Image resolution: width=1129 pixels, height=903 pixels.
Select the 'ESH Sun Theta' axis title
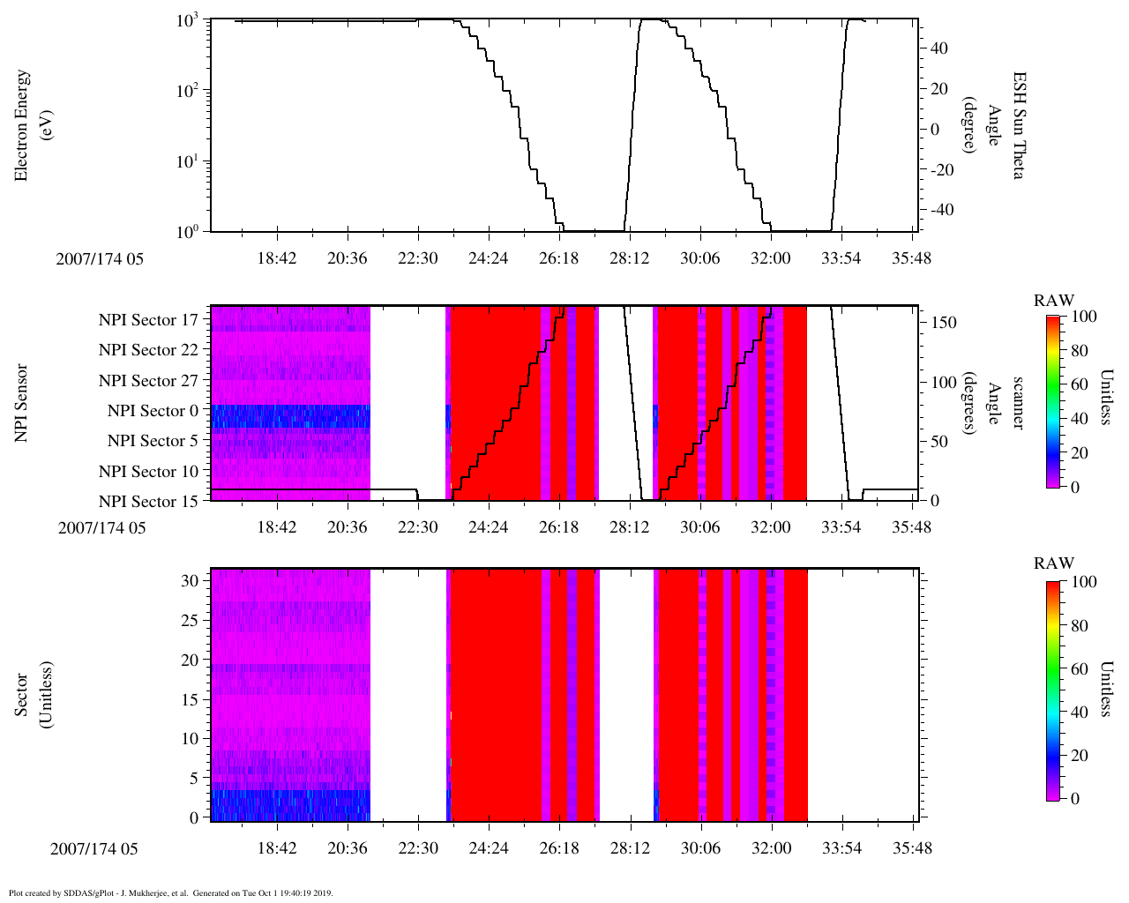1018,125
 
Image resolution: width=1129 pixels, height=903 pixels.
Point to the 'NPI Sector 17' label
148,320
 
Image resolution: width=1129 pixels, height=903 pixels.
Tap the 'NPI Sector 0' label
153,411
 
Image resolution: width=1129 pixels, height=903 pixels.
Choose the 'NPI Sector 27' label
148,381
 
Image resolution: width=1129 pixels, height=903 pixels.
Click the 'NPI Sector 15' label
148,502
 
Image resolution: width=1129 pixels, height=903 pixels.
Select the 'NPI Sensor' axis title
21,403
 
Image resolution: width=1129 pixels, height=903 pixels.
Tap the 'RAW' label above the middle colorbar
1054,301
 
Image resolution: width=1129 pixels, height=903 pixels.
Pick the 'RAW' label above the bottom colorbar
1054,563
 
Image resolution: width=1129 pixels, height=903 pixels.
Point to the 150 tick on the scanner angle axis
944,323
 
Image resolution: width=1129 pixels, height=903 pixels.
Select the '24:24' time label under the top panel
488,258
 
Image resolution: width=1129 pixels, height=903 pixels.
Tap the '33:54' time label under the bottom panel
841,848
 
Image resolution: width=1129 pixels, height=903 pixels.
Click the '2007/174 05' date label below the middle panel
101,528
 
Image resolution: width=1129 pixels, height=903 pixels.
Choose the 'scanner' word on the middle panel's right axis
1018,403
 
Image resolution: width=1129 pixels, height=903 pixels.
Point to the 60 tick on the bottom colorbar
1079,669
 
